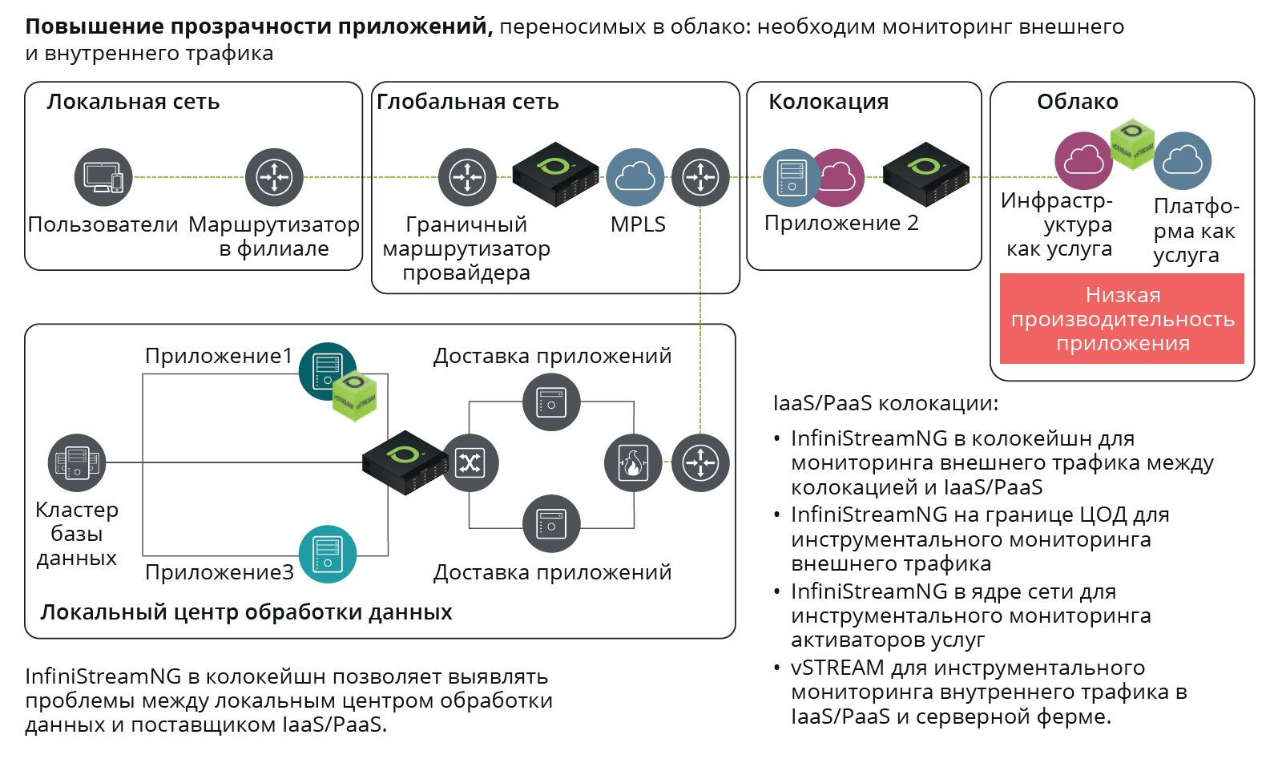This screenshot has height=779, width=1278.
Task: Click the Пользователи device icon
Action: click(x=103, y=177)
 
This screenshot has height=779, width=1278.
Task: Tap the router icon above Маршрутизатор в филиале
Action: click(x=274, y=177)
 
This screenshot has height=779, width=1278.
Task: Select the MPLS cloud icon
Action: click(x=635, y=177)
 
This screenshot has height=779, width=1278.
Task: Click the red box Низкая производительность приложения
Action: click(x=1122, y=319)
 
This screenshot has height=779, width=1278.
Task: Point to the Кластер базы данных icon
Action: click(x=77, y=462)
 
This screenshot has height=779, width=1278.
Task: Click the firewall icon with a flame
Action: click(x=633, y=462)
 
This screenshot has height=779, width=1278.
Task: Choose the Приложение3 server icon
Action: click(x=328, y=554)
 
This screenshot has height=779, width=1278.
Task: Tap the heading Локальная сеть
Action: click(x=133, y=102)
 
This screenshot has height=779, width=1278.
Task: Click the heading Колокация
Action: click(x=828, y=102)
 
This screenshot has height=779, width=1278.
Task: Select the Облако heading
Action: click(x=1077, y=102)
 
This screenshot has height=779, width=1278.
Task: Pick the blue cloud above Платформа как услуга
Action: click(x=1183, y=161)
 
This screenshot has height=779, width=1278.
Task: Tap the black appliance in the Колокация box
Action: click(x=926, y=174)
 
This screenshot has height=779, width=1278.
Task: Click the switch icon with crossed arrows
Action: click(x=470, y=462)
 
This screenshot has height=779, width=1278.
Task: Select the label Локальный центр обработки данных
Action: click(x=246, y=612)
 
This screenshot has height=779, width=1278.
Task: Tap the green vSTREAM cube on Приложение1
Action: click(x=354, y=395)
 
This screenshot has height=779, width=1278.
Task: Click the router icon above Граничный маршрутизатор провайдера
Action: click(x=467, y=177)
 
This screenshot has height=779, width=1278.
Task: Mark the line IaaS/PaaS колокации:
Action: click(x=885, y=403)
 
